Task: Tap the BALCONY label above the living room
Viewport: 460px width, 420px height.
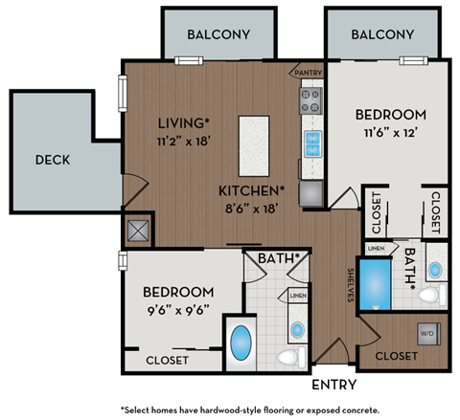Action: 218,34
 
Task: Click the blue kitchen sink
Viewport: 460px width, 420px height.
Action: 312,144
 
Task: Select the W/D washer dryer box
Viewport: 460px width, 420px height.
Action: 425,333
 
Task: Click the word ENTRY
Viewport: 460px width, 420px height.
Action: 334,385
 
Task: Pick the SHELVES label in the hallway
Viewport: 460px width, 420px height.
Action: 352,286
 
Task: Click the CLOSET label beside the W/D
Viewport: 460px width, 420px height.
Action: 395,355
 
